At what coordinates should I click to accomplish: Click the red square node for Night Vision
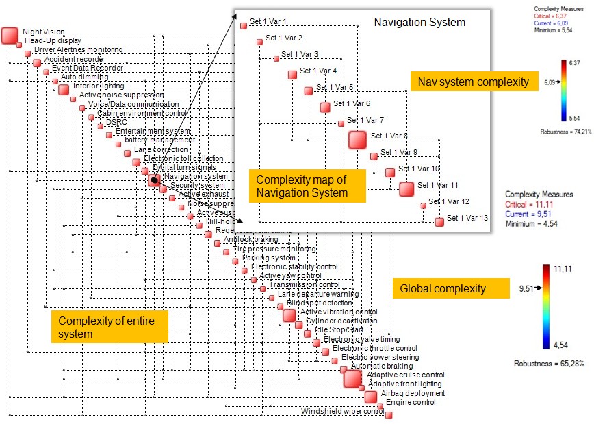point(10,35)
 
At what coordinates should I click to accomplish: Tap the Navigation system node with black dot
point(155,180)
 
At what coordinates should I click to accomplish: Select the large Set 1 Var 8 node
point(357,140)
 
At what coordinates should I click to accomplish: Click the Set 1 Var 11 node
point(406,188)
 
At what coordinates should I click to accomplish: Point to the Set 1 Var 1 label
point(268,22)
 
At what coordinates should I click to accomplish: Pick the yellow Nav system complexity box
point(474,82)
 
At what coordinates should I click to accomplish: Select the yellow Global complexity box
point(451,288)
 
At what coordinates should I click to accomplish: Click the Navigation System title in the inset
point(419,23)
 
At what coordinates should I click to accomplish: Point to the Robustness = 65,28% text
point(549,363)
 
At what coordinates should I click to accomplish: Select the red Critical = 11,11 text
point(530,205)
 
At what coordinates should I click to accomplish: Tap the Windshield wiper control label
point(343,412)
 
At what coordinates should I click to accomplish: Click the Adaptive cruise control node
point(352,378)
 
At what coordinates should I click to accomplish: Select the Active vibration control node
point(289,315)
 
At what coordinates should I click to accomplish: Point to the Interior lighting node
point(64,89)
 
